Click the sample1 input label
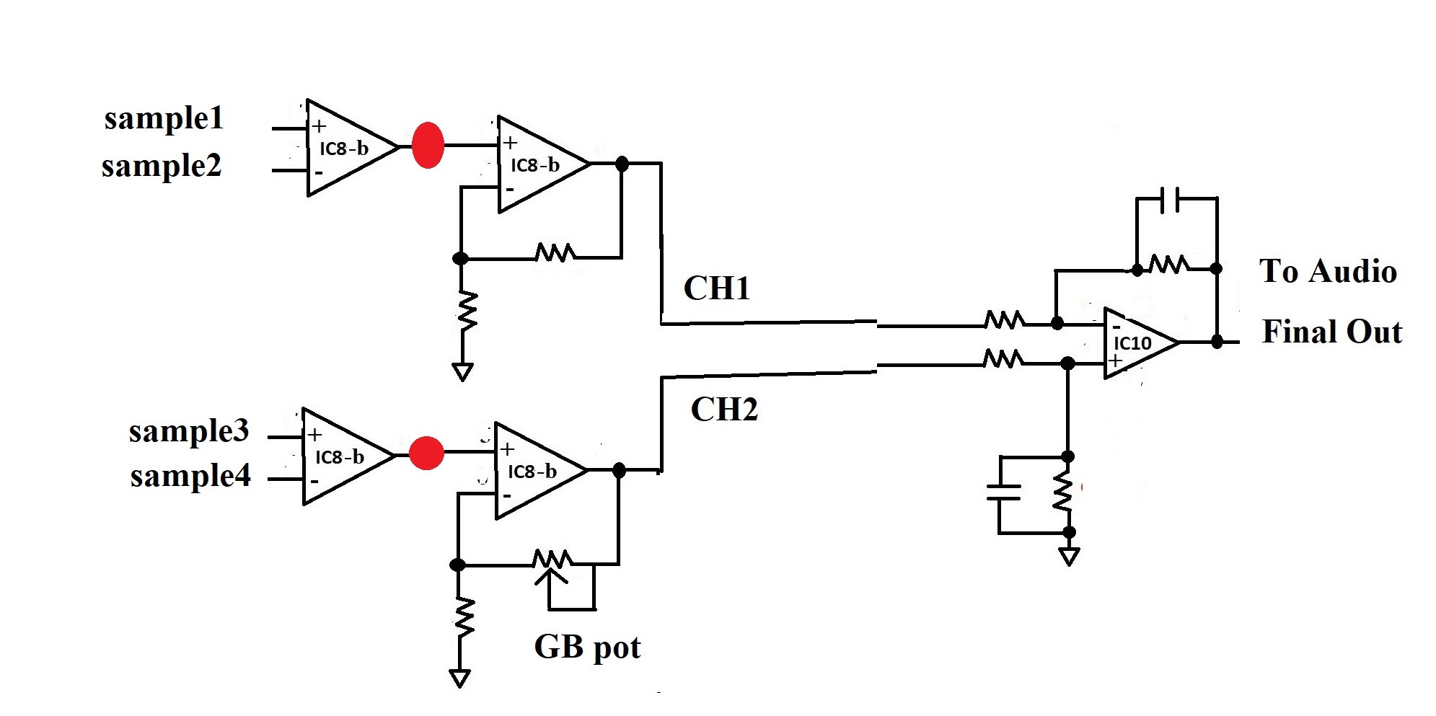click(x=164, y=119)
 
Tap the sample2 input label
click(x=162, y=167)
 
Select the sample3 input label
click(x=189, y=432)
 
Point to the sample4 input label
click(x=190, y=477)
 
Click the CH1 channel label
click(x=717, y=288)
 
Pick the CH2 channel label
click(x=724, y=410)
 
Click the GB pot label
click(x=587, y=648)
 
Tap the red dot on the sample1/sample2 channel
click(x=428, y=146)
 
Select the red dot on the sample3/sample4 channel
click(x=426, y=453)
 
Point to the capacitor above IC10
click(x=1169, y=200)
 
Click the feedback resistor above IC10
click(x=1169, y=264)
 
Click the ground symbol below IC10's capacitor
click(x=1069, y=557)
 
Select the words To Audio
click(x=1328, y=272)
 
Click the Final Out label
click(x=1332, y=332)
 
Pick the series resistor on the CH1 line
click(x=1004, y=319)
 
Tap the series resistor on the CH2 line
click(x=1003, y=358)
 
